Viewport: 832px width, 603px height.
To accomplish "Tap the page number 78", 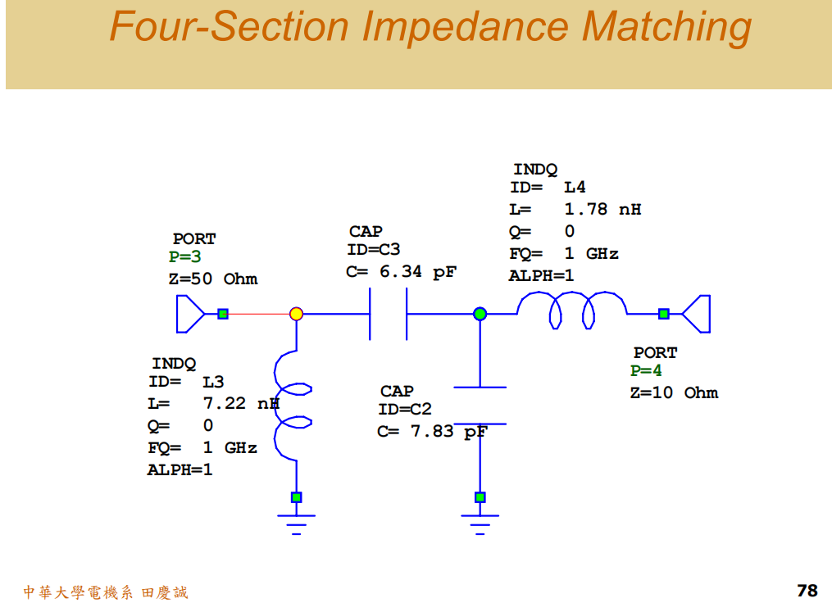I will [x=807, y=590].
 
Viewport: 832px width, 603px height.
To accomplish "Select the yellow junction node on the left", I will [x=297, y=314].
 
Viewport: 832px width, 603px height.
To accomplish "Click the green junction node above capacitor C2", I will [x=480, y=314].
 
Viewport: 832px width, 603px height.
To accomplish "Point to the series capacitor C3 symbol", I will [x=389, y=314].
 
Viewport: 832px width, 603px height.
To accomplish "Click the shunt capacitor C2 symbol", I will [x=480, y=405].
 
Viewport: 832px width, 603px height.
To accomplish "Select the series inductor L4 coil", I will [x=572, y=309].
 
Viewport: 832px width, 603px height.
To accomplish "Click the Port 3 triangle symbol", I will [x=189, y=314].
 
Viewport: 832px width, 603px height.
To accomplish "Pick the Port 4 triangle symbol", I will [x=697, y=314].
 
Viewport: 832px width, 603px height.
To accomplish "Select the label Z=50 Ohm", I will [x=213, y=279].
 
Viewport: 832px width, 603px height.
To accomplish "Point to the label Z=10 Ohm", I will [x=674, y=392].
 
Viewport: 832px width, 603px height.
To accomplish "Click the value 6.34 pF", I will [x=417, y=271].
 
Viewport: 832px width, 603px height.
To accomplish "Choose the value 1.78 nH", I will [x=602, y=209].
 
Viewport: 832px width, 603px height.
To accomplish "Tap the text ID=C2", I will [x=405, y=410].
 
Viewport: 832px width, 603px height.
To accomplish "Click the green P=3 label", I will [x=185, y=257].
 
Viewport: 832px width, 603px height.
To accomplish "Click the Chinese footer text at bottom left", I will [x=105, y=592].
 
